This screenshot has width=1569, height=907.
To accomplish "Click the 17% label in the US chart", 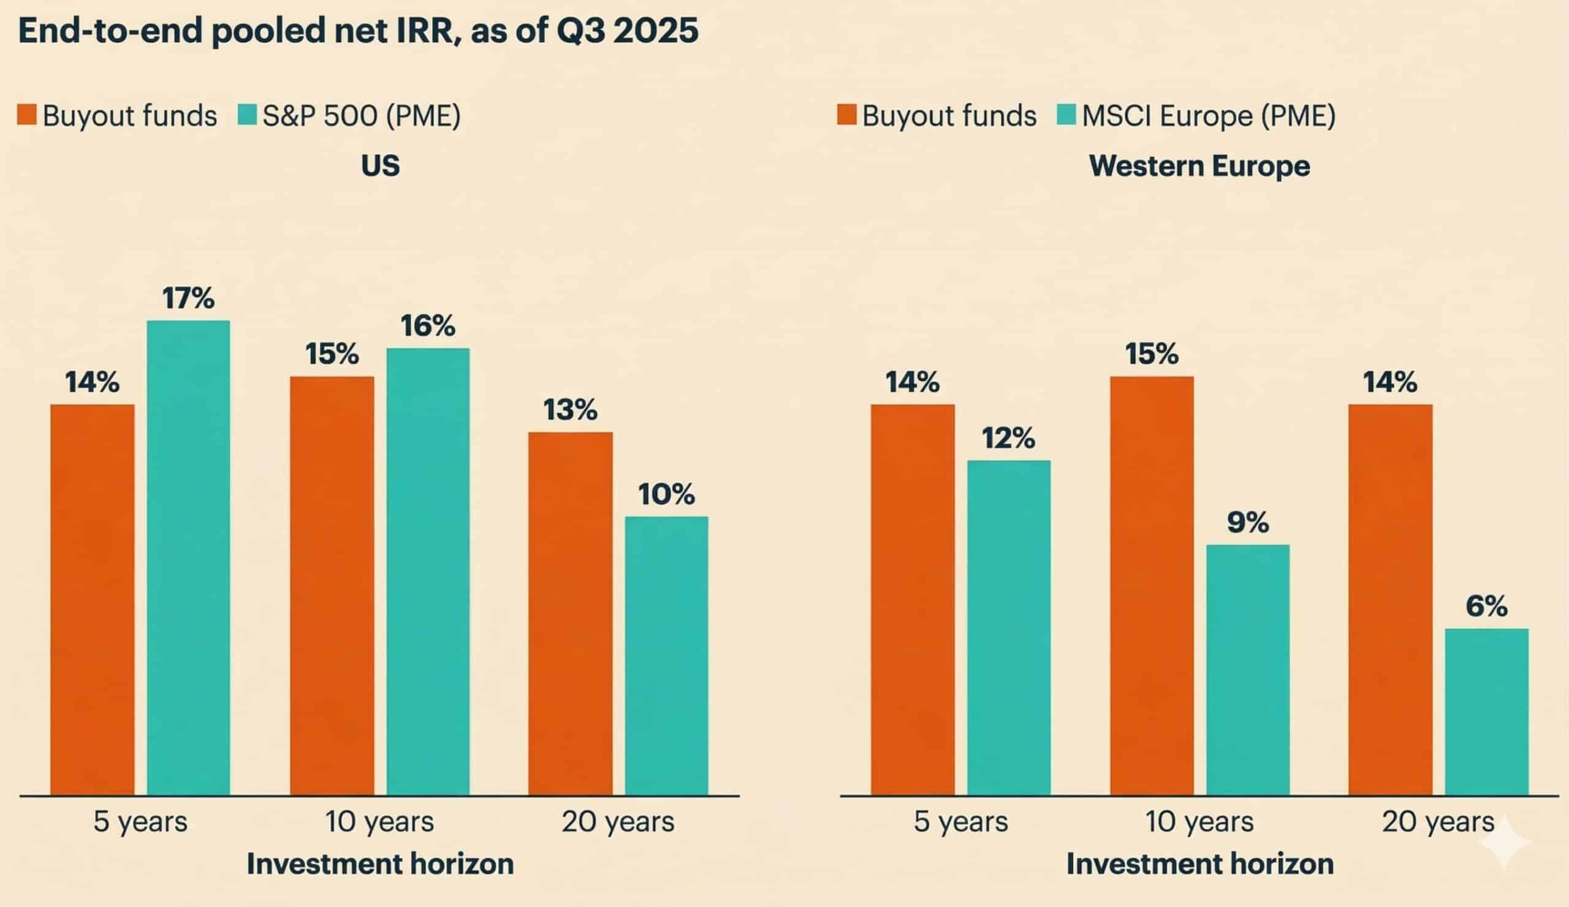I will click(188, 298).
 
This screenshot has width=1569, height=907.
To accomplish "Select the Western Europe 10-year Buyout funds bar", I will click(1151, 585).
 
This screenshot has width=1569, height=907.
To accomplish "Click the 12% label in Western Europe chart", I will click(1008, 438).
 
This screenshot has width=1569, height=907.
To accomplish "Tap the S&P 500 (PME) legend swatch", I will click(247, 115).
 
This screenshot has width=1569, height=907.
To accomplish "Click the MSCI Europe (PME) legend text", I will click(1209, 116).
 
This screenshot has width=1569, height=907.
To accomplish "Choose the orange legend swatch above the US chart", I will click(27, 115).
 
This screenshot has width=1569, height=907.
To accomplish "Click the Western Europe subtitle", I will click(1199, 166).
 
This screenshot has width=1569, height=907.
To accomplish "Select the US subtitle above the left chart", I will click(380, 166).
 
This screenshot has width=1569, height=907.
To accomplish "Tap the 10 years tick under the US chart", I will click(379, 822).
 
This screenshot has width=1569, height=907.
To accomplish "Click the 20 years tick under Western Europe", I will click(1438, 822).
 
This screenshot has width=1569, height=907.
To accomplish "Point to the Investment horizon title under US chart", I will click(380, 864).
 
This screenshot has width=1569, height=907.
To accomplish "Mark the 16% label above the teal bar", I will click(428, 325).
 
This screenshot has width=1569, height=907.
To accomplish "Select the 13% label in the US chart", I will click(571, 409).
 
